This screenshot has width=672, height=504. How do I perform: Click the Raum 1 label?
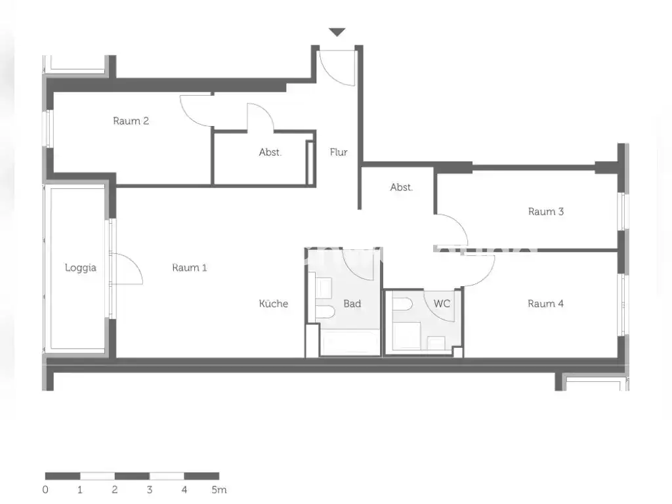[190, 268]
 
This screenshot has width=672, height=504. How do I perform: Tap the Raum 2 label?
[131, 121]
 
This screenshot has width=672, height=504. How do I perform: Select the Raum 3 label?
[545, 211]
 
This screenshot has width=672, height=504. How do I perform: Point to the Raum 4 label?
[545, 304]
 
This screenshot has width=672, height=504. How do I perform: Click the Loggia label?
[81, 268]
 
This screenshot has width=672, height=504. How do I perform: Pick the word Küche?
[274, 303]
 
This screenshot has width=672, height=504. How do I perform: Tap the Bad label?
[352, 304]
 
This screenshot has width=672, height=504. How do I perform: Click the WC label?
[442, 304]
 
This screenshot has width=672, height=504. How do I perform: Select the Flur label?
[339, 152]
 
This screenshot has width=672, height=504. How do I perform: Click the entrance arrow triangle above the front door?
[337, 31]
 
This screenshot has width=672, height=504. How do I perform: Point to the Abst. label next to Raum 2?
[270, 152]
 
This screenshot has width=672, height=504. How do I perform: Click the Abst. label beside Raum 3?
[401, 187]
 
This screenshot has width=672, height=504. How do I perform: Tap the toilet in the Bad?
[325, 312]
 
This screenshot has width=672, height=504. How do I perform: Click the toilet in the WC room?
[402, 304]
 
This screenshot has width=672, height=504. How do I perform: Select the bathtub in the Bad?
[350, 343]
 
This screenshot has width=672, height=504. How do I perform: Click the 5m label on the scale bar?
[219, 490]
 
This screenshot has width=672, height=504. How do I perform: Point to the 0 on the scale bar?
[45, 490]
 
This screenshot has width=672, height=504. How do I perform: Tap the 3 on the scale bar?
[149, 490]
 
